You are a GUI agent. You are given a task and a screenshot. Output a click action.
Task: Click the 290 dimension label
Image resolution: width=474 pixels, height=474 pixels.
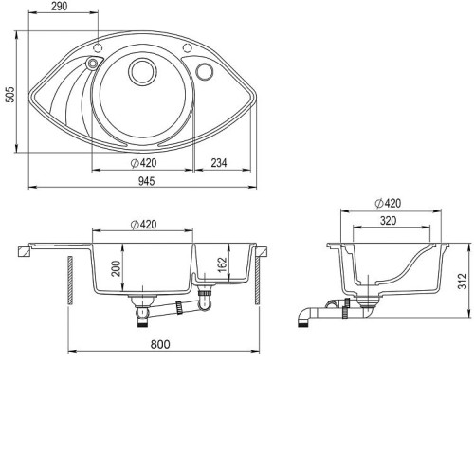[60, 6]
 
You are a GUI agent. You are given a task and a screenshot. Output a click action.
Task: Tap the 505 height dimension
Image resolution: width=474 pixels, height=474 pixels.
[10, 95]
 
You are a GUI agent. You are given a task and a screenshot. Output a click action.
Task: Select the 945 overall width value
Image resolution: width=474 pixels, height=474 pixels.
[147, 181]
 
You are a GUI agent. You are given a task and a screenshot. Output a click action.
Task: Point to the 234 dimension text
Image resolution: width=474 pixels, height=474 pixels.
[219, 163]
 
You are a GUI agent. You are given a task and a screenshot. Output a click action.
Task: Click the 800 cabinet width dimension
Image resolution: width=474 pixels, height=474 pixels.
[160, 344]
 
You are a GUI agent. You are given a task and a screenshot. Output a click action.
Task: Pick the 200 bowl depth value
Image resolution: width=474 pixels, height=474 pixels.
[117, 268]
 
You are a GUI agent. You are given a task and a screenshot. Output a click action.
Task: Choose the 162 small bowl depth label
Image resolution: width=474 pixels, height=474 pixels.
[222, 264]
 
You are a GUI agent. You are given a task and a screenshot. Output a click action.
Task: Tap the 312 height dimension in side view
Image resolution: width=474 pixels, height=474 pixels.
[462, 281]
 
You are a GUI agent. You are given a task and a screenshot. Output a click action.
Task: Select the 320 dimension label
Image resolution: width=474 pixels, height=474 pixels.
[388, 221]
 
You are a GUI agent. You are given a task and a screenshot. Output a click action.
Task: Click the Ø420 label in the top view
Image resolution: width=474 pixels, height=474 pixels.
[144, 163]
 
